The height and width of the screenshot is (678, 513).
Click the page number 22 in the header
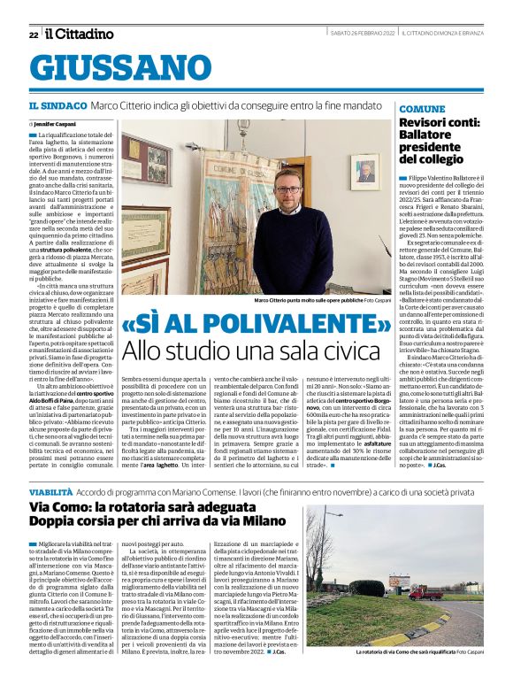pyautogui.click(x=34, y=35)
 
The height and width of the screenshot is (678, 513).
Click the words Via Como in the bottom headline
pyautogui.click(x=61, y=507)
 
